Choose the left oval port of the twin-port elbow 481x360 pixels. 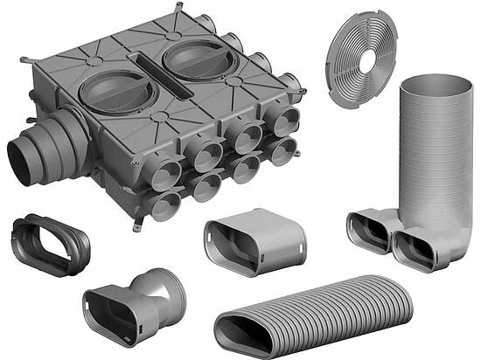pos(365,231)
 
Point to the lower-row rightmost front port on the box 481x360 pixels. pos(281,152)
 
